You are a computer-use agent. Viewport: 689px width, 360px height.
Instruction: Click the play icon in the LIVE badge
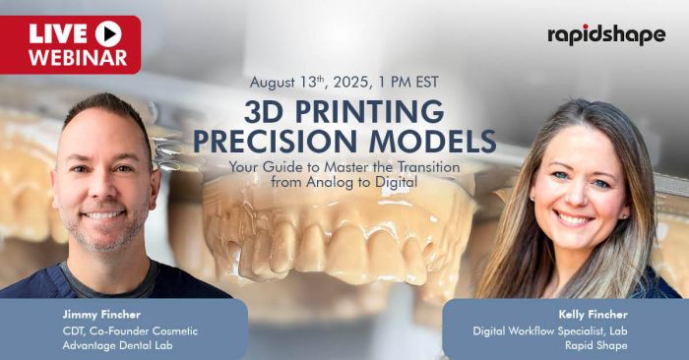pos(108,34)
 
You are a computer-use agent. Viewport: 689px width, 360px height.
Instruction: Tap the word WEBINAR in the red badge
pos(78,57)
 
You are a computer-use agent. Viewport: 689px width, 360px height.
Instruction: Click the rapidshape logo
pos(606,35)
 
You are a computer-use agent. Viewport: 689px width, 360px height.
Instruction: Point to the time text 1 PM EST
pos(407,82)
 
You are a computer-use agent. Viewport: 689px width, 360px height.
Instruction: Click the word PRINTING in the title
pos(369,111)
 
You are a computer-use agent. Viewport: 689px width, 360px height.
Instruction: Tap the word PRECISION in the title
pos(275,141)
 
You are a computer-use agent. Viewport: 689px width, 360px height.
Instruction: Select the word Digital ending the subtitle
pos(396,182)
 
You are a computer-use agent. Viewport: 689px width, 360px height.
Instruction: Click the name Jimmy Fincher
pos(101,315)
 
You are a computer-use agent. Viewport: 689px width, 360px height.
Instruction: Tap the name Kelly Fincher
pos(593,315)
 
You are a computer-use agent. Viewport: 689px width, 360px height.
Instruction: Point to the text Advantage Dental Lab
pos(117,345)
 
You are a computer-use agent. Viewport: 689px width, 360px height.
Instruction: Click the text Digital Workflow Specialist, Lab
pos(550,330)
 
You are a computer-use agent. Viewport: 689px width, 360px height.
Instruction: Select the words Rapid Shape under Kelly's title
pos(596,345)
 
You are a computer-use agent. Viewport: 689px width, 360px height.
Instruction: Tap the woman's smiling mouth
pos(573,218)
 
